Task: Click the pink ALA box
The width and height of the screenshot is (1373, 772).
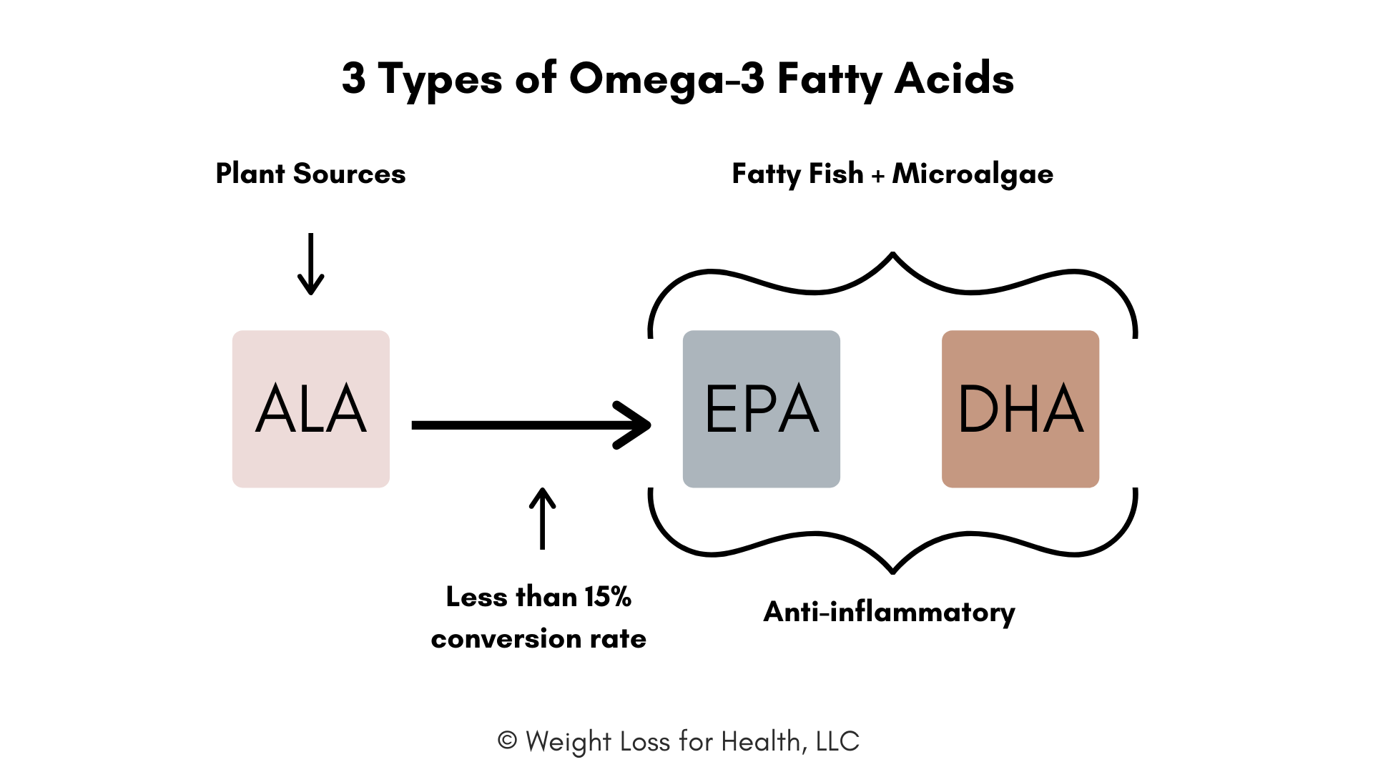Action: (311, 409)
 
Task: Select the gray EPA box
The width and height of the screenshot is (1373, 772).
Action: (762, 409)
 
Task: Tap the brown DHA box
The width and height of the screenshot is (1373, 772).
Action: (1020, 409)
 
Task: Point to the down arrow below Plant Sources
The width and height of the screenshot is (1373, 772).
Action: (311, 264)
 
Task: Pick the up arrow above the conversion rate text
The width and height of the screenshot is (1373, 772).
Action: (543, 519)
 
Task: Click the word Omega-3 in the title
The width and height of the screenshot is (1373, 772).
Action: (667, 79)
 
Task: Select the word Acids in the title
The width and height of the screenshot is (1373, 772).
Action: (954, 78)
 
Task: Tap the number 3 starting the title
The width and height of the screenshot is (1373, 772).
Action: (354, 78)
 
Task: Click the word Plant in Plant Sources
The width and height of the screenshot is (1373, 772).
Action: (250, 174)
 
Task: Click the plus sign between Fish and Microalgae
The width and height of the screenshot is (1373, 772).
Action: (878, 176)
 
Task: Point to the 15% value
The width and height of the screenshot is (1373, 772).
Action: (608, 597)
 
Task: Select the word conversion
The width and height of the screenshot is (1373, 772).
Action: (506, 638)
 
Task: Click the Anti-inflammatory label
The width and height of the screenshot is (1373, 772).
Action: (889, 613)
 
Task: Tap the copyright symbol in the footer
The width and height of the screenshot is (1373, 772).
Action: (507, 741)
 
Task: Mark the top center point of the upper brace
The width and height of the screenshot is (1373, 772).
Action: (893, 253)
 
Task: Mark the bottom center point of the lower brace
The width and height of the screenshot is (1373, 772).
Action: (893, 573)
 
